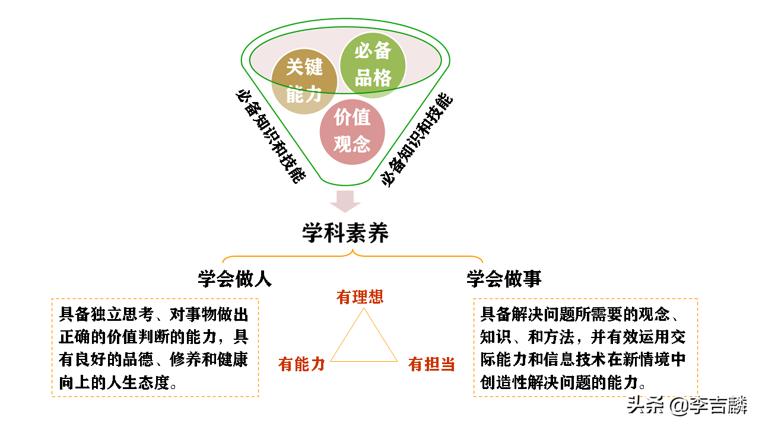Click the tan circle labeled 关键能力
click(x=304, y=81)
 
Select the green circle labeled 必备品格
click(x=373, y=64)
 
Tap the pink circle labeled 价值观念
click(x=352, y=131)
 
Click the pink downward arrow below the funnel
click(x=345, y=201)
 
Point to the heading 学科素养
click(x=345, y=232)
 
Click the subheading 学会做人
click(x=235, y=279)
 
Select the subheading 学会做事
click(x=504, y=279)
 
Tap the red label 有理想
click(x=360, y=297)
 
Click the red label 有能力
click(x=301, y=364)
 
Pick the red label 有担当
click(x=431, y=364)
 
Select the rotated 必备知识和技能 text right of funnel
click(x=417, y=140)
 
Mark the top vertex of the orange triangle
click(x=363, y=308)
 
